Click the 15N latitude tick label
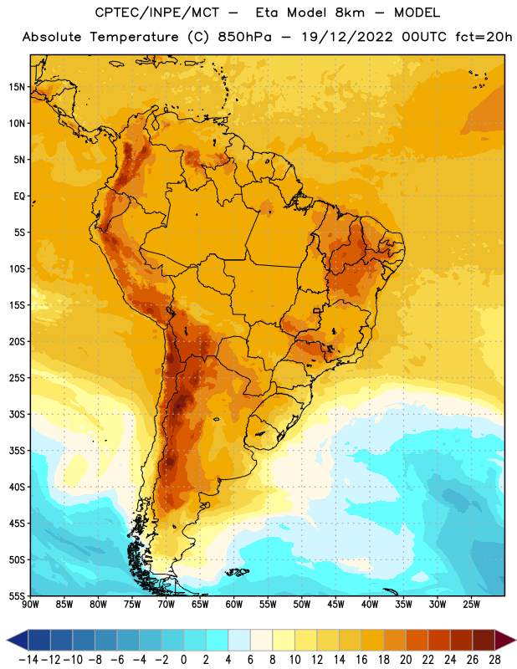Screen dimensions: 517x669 17,87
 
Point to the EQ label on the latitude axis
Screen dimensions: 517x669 19,197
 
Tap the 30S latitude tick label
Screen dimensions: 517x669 17,414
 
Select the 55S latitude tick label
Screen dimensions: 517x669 17,595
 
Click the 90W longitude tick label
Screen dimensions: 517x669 30,605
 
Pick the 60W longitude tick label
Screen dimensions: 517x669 234,605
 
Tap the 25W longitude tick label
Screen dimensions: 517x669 471,605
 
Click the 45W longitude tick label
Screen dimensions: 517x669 336,605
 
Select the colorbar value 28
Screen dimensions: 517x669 494,660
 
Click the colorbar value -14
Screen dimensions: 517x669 28,660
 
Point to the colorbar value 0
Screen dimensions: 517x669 184,660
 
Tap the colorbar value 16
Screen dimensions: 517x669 361,660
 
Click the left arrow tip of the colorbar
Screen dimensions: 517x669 7,641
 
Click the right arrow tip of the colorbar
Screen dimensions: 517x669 515,641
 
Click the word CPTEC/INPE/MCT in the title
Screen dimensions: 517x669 156,13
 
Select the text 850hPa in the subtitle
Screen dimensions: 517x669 244,37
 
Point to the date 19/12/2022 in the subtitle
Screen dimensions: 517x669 347,37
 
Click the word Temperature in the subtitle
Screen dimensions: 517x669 134,37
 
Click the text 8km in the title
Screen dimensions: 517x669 350,13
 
